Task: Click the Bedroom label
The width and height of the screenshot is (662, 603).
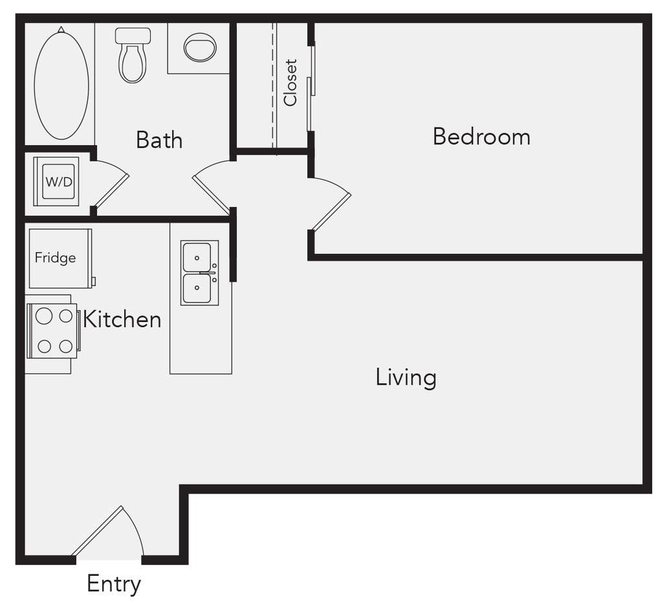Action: pyautogui.click(x=481, y=137)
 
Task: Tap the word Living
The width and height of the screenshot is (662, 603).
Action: pyautogui.click(x=406, y=378)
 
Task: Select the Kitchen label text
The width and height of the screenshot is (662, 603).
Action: pyautogui.click(x=122, y=319)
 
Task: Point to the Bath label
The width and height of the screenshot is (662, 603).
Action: pyautogui.click(x=159, y=140)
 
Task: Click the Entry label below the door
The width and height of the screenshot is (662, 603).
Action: pyautogui.click(x=114, y=584)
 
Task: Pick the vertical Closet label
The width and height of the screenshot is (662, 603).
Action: pyautogui.click(x=291, y=82)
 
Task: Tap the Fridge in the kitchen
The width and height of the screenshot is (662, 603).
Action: pyautogui.click(x=60, y=258)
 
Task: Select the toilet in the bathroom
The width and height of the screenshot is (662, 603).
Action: pyautogui.click(x=133, y=55)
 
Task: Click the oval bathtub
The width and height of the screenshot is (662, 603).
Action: pyautogui.click(x=61, y=84)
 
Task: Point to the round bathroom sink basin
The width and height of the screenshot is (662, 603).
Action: pyautogui.click(x=200, y=47)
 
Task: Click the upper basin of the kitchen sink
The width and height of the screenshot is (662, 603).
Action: pyautogui.click(x=197, y=256)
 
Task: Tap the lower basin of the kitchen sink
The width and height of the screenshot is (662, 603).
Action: pyautogui.click(x=197, y=288)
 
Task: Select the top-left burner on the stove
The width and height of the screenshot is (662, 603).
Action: pyautogui.click(x=44, y=316)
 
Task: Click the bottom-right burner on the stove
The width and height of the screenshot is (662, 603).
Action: pyautogui.click(x=66, y=347)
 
